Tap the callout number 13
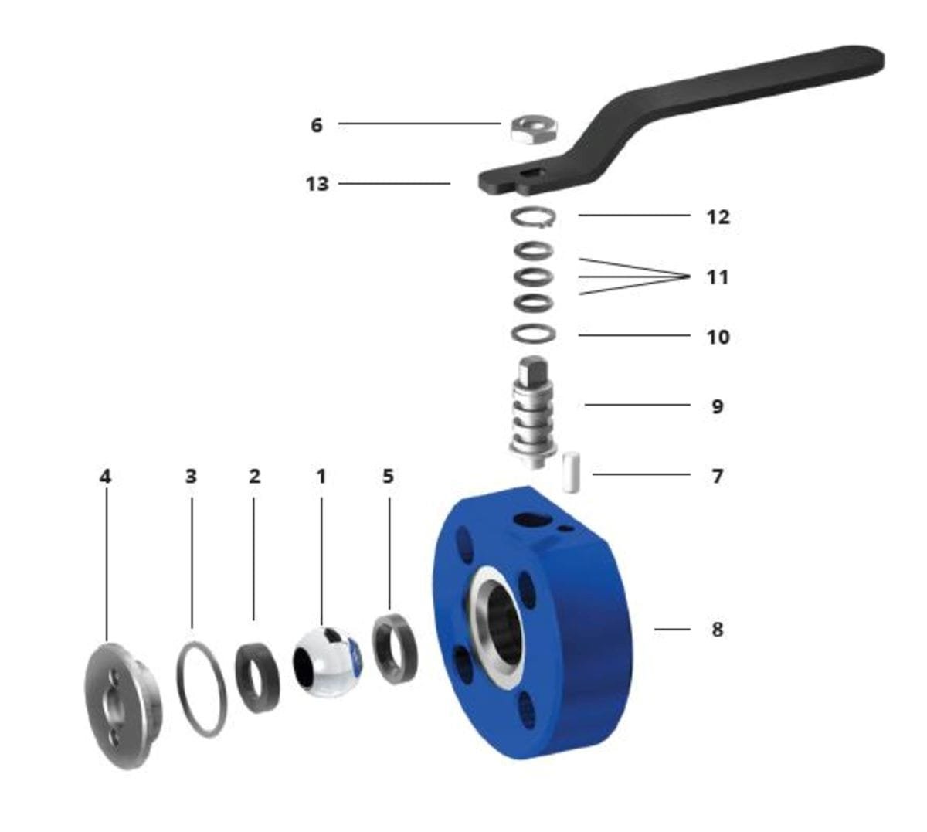coord(317,184)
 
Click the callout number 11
coord(717,277)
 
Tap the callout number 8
coord(717,630)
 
